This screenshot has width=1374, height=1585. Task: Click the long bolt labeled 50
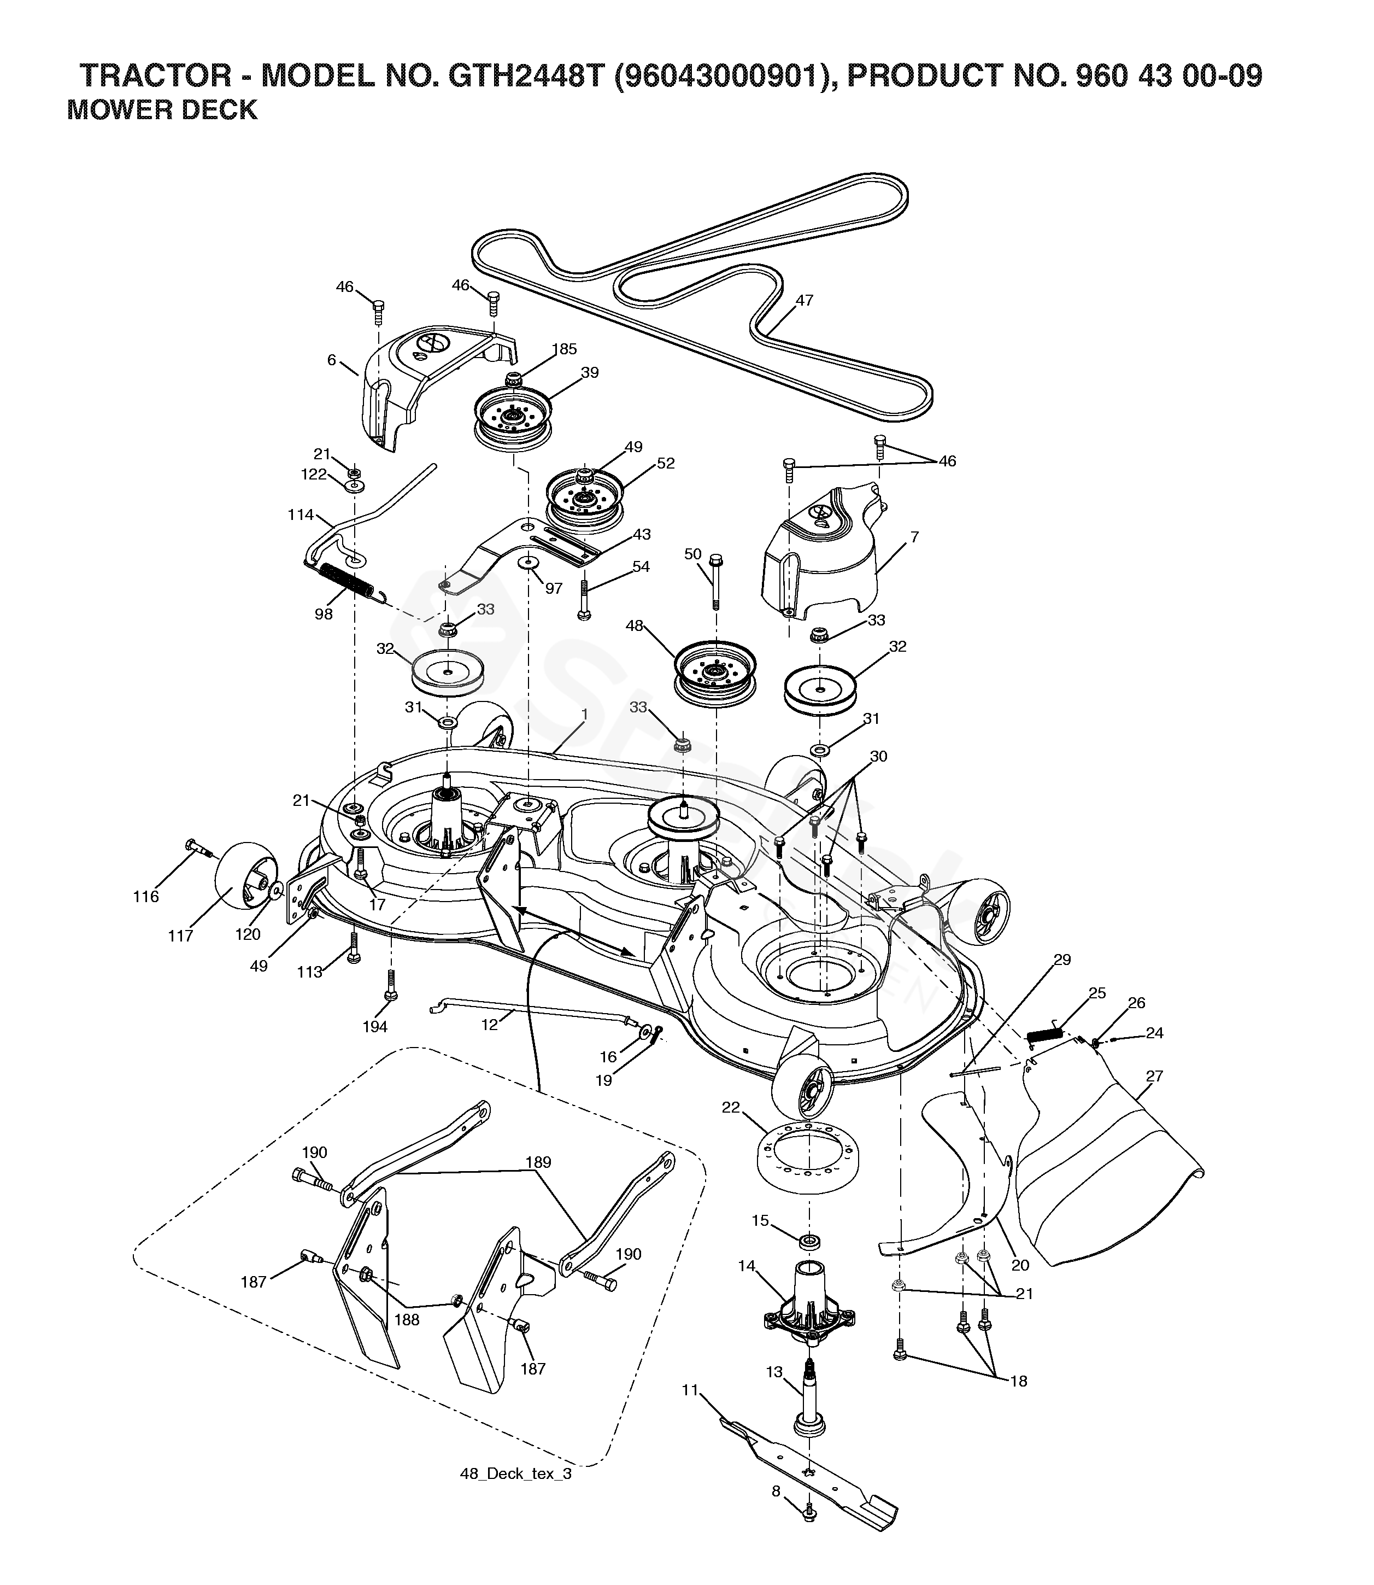click(x=715, y=581)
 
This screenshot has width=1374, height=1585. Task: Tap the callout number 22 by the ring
click(x=731, y=1107)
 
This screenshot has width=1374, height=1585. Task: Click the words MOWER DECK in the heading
click(x=162, y=110)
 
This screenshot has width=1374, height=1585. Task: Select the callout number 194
click(x=375, y=1026)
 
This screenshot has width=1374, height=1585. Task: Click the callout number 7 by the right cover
click(x=914, y=537)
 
